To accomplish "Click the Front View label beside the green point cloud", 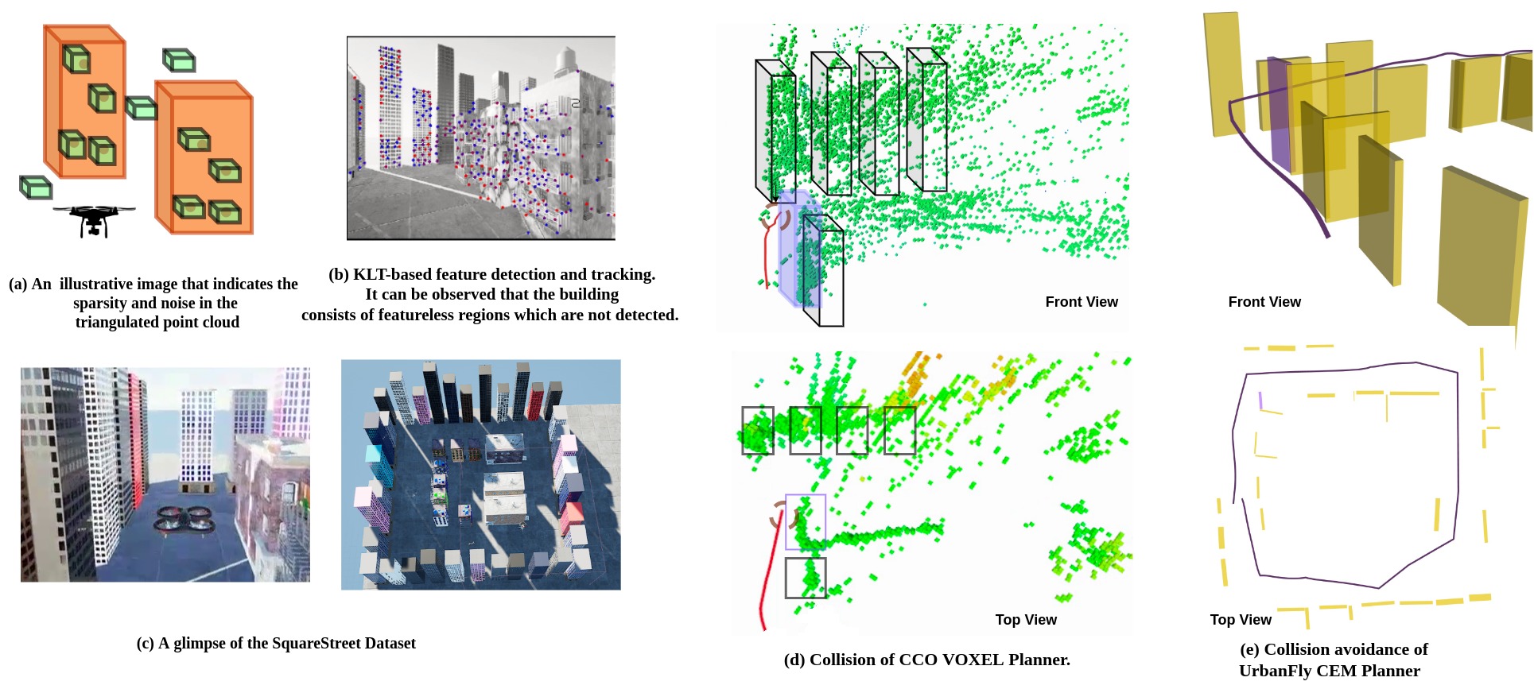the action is pyautogui.click(x=1082, y=302).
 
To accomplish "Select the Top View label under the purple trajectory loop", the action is pyautogui.click(x=1241, y=620).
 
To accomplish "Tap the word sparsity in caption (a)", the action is pyautogui.click(x=99, y=304).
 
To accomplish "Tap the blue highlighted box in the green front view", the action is pyautogui.click(x=799, y=248).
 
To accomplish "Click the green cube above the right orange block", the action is pyautogui.click(x=179, y=60).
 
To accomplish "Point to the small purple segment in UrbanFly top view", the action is pyautogui.click(x=1260, y=400).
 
